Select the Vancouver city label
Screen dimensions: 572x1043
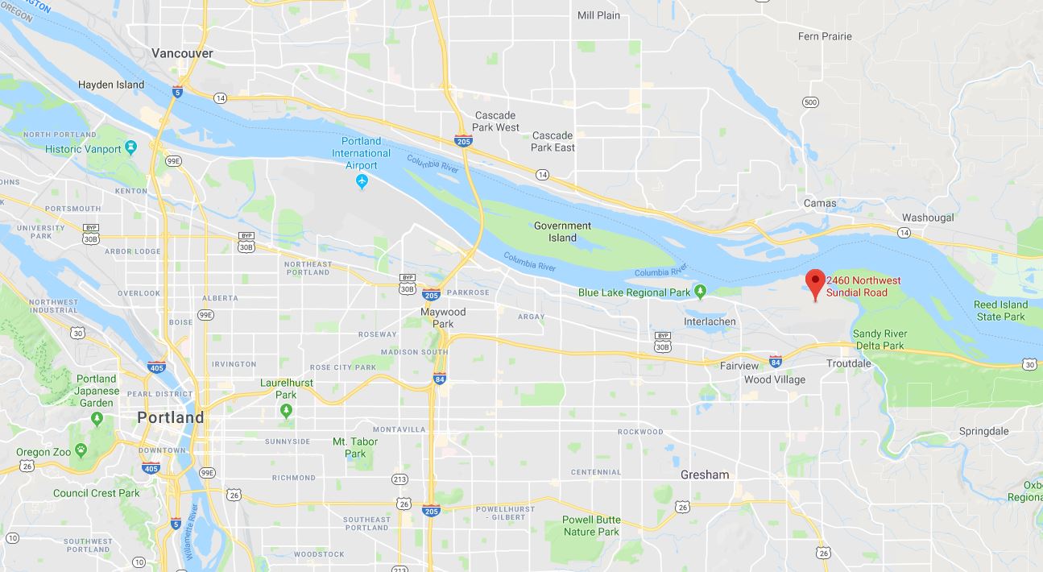click(x=182, y=53)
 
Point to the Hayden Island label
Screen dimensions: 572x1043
click(x=111, y=85)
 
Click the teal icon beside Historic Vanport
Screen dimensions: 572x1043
click(x=132, y=148)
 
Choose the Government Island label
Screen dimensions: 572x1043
click(x=562, y=231)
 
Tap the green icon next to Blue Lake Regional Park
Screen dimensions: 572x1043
click(x=701, y=292)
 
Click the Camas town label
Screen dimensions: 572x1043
click(x=820, y=203)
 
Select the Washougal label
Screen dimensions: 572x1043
click(x=928, y=218)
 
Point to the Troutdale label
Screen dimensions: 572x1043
click(x=849, y=363)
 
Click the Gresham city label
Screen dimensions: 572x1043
click(x=704, y=475)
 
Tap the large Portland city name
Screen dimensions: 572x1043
click(x=170, y=417)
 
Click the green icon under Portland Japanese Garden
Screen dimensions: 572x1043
click(x=97, y=418)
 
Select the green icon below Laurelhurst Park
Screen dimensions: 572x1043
click(x=286, y=411)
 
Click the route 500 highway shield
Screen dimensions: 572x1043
click(x=810, y=102)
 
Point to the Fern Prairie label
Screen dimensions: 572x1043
click(x=824, y=36)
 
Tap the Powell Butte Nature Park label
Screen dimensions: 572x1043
click(x=590, y=525)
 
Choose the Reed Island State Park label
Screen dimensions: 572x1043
click(x=1000, y=310)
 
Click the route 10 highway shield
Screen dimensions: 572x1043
click(x=139, y=562)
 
